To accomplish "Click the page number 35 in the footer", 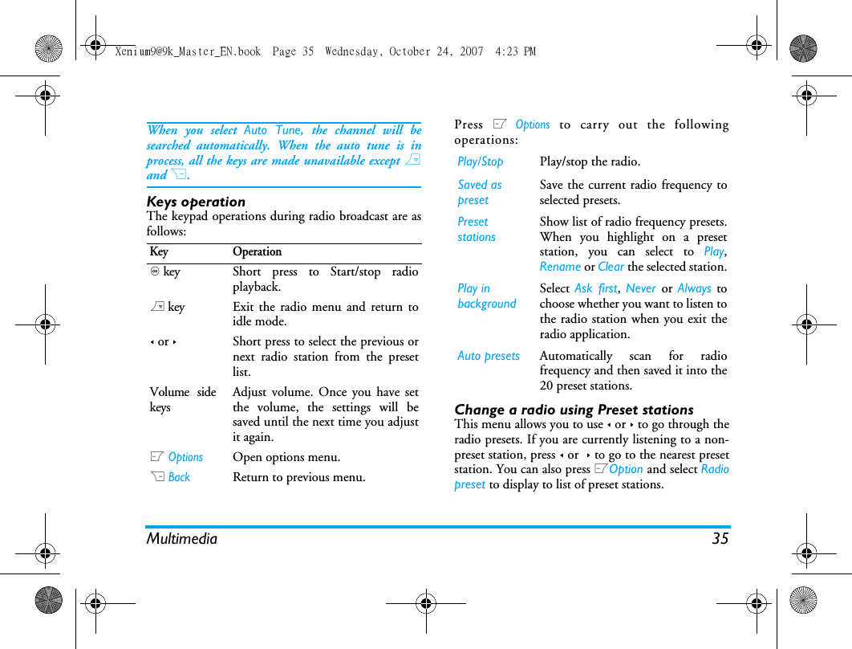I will tap(720, 539).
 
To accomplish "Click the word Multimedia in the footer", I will tap(181, 539).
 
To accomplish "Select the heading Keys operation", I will tap(196, 202).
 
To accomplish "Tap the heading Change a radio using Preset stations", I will tap(574, 410).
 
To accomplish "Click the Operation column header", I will tap(257, 252).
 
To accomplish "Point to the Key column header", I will tap(159, 252).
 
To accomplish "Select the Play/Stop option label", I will tap(481, 161).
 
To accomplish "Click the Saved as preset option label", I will tap(479, 193).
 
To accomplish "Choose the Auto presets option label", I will tap(489, 356).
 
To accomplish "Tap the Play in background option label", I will tap(486, 296).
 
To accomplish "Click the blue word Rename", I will tap(560, 267).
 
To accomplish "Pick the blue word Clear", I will tap(611, 267).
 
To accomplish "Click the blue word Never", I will tap(640, 288).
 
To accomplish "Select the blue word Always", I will tap(694, 288).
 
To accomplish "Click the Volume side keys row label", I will tap(183, 399).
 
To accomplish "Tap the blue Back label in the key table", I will tap(179, 477).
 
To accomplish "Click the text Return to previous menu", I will tap(298, 477).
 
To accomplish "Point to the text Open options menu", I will tap(286, 457).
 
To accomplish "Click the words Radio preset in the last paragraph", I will tap(714, 470).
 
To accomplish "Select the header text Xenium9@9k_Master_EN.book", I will tap(188, 51).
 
